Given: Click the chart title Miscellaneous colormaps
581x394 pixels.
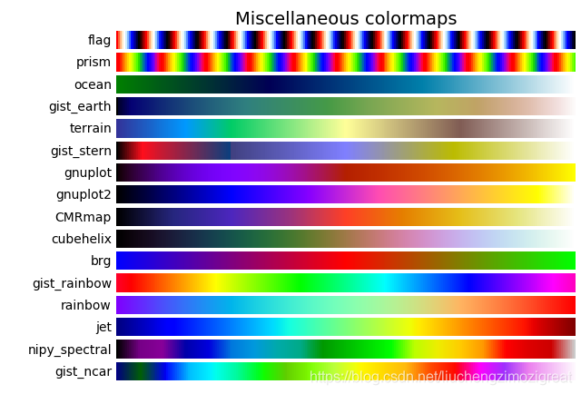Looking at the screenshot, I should pos(346,19).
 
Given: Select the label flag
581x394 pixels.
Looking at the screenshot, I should pos(100,40).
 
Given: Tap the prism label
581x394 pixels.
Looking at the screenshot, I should pos(94,62).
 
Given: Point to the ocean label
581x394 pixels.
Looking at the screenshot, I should pos(93,84).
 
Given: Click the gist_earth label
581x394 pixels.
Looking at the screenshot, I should pos(80,106).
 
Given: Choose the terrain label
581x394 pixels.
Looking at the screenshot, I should pos(91,128).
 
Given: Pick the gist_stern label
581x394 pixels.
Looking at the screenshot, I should pos(81,151).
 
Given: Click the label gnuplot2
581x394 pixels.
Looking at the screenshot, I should pos(84,194).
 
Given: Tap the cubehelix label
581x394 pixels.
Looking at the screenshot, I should pos(83,239).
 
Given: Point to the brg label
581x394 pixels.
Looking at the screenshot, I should pos(101,261).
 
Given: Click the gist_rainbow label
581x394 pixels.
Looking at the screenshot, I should pos(72,283).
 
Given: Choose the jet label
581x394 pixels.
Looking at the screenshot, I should pos(103,327).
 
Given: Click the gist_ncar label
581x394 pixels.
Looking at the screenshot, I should pos(84,371).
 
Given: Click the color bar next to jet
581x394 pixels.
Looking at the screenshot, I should pos(345,327).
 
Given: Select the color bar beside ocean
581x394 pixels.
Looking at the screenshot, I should pos(345,84).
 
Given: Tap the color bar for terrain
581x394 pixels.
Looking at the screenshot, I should pos(345,128).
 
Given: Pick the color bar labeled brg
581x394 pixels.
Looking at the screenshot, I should pos(345,261).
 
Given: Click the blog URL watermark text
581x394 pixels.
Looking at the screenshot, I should pos(441,377).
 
